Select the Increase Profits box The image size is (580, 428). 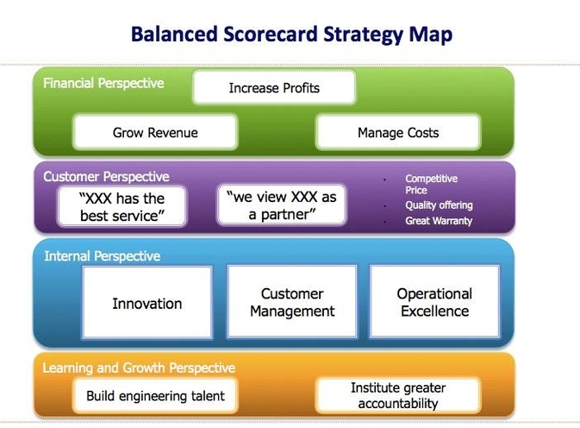[x=273, y=88]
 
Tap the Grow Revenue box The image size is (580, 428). [x=155, y=133]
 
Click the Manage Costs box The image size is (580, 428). [x=397, y=133]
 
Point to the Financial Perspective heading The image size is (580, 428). [x=103, y=85]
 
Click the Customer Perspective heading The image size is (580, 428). [x=106, y=177]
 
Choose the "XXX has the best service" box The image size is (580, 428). [x=122, y=207]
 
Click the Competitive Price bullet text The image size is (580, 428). [x=431, y=184]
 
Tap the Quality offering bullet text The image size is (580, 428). [x=439, y=205]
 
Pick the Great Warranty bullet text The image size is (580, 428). [x=439, y=221]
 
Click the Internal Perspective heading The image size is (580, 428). [x=102, y=256]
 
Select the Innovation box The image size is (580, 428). [x=147, y=304]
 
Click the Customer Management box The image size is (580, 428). [x=291, y=303]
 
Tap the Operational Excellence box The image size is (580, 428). [x=434, y=303]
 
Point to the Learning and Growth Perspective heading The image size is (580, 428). [x=139, y=368]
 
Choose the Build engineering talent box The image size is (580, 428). [x=155, y=396]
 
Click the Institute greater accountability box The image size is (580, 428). [x=394, y=395]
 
